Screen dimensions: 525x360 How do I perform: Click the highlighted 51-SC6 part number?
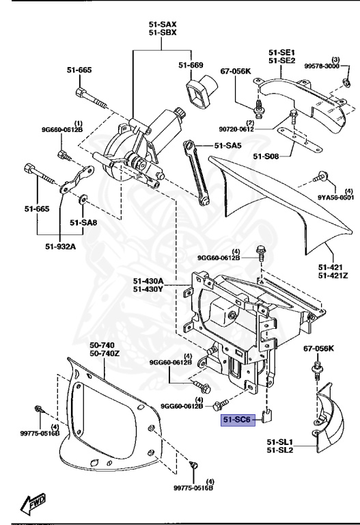[237, 420]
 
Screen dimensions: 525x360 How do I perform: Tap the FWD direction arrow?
[33, 503]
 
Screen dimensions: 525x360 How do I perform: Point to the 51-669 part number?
[191, 65]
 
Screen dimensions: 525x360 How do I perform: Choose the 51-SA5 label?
[228, 145]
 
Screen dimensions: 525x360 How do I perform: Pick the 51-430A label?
[148, 281]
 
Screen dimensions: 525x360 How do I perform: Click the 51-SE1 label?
[281, 52]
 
